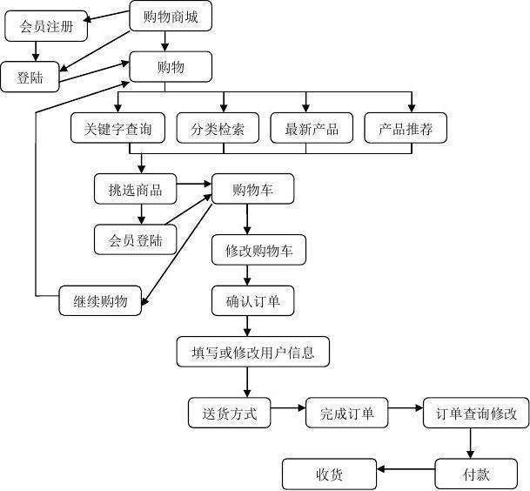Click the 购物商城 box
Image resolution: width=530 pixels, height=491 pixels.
(x=170, y=16)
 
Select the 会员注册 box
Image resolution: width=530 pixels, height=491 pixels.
(x=46, y=26)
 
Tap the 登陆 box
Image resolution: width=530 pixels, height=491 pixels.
(x=30, y=77)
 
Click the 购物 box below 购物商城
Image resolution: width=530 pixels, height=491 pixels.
(x=170, y=66)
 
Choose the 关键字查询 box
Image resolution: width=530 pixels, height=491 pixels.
(x=117, y=130)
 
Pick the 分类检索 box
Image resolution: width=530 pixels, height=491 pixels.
(x=218, y=130)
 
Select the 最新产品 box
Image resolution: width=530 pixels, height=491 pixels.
(x=312, y=130)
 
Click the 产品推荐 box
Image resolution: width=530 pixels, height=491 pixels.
(x=406, y=130)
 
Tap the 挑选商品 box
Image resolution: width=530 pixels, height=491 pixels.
(x=135, y=188)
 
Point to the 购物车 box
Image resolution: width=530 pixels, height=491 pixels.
(x=252, y=189)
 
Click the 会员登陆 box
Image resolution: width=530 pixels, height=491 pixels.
(x=135, y=239)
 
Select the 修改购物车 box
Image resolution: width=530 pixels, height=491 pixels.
(x=258, y=251)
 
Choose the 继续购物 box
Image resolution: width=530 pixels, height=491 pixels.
(x=99, y=301)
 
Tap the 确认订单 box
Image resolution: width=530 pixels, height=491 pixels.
(x=252, y=301)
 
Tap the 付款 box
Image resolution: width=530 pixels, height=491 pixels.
(x=475, y=474)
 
